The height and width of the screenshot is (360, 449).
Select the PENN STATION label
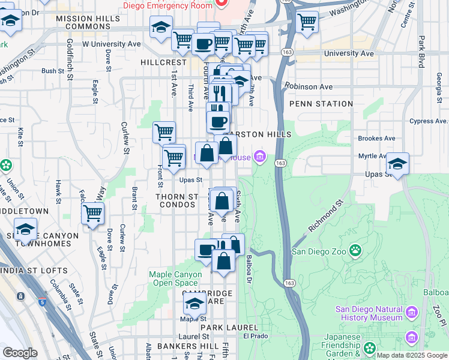(x=321, y=104)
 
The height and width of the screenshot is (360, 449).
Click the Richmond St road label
(x=325, y=218)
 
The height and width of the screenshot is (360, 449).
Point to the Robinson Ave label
(x=309, y=86)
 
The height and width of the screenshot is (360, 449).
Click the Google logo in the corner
(x=20, y=353)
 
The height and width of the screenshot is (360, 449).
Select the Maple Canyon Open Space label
(x=173, y=279)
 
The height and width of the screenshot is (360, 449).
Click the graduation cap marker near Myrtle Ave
(x=397, y=164)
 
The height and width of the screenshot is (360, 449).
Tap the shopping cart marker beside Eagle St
(x=93, y=213)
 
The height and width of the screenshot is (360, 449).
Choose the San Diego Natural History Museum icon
(x=411, y=313)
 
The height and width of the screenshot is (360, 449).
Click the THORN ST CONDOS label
(x=176, y=200)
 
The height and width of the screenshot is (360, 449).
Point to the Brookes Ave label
(x=376, y=138)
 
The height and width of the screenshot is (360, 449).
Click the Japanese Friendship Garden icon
(x=369, y=348)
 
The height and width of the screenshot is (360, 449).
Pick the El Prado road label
(x=255, y=336)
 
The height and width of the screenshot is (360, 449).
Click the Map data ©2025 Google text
(x=411, y=355)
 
